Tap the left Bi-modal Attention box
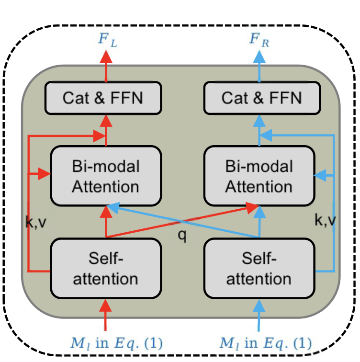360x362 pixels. (x=106, y=176)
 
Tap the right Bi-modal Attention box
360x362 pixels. (x=259, y=176)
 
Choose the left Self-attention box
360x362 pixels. (x=106, y=268)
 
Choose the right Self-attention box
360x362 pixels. (x=259, y=268)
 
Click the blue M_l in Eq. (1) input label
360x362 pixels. (x=265, y=343)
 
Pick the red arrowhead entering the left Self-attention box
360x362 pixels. (x=106, y=305)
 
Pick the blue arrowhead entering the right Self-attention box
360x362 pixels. (x=259, y=305)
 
